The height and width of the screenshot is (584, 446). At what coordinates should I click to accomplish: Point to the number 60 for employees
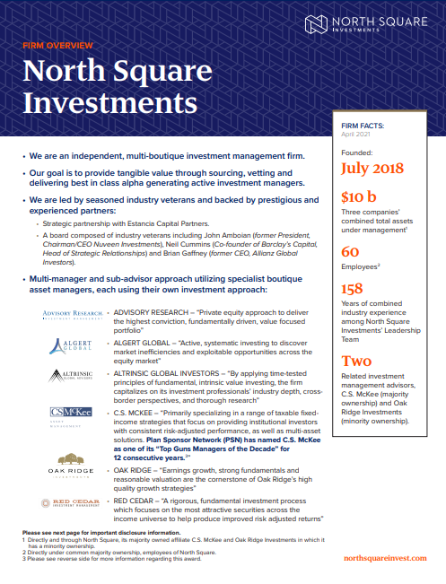[350, 253]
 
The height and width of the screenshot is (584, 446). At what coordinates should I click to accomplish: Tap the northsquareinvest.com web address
[383, 558]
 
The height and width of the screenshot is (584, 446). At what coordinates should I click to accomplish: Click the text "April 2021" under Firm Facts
[355, 136]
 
